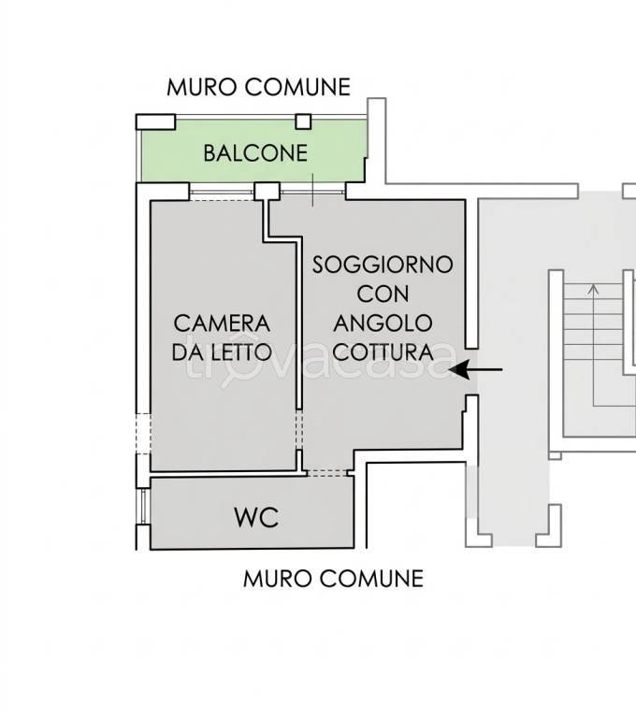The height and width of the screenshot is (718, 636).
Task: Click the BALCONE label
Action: tap(255, 153)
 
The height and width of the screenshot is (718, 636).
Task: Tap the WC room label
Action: tap(255, 517)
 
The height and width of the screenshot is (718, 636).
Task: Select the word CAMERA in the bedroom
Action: tap(223, 323)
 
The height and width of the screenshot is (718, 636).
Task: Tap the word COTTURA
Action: tap(383, 352)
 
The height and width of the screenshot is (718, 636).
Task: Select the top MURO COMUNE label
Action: tap(258, 88)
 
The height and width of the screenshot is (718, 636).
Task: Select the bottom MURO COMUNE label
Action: tap(333, 579)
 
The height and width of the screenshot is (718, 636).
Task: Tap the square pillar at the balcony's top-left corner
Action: tap(155, 121)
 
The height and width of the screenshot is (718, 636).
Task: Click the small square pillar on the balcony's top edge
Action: tap(303, 121)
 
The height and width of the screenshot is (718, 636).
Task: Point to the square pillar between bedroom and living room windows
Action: tap(267, 191)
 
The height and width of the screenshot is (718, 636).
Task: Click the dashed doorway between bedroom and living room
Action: tap(299, 433)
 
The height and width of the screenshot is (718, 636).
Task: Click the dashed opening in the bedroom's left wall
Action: tap(141, 433)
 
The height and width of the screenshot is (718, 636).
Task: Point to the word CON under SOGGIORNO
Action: tap(383, 294)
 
